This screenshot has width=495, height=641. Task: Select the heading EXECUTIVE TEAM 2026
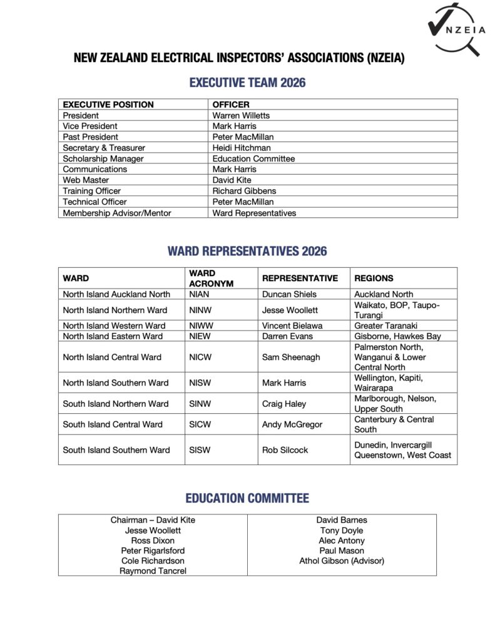pyautogui.click(x=247, y=83)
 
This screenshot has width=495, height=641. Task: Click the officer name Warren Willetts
pyautogui.click(x=241, y=115)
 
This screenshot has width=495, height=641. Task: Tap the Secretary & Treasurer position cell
pyautogui.click(x=104, y=148)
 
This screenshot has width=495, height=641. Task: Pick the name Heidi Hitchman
pyautogui.click(x=242, y=148)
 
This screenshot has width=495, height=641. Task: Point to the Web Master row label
pyautogui.click(x=86, y=180)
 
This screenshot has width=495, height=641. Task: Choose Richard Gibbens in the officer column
pyautogui.click(x=244, y=191)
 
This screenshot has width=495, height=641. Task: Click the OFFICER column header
pyautogui.click(x=231, y=105)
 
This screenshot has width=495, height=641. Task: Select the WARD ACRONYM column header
pyautogui.click(x=211, y=279)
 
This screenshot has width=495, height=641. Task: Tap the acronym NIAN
pyautogui.click(x=200, y=294)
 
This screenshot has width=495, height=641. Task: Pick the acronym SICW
pyautogui.click(x=200, y=424)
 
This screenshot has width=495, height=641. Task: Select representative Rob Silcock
pyautogui.click(x=285, y=450)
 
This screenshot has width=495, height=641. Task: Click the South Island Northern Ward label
pyautogui.click(x=116, y=404)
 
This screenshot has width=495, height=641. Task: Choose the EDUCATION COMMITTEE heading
pyautogui.click(x=247, y=499)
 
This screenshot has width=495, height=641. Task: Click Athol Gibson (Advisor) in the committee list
pyautogui.click(x=342, y=561)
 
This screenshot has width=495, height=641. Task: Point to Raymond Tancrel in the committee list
pyautogui.click(x=153, y=571)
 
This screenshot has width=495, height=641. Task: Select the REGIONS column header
pyautogui.click(x=374, y=279)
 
